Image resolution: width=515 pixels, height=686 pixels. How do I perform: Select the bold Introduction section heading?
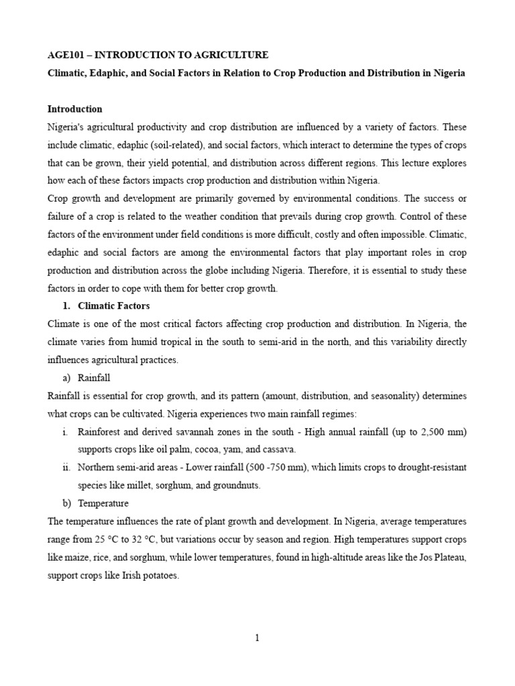point(74,109)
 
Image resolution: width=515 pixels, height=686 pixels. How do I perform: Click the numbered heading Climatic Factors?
point(114,305)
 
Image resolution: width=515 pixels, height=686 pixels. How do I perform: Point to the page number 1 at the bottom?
point(257,638)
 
